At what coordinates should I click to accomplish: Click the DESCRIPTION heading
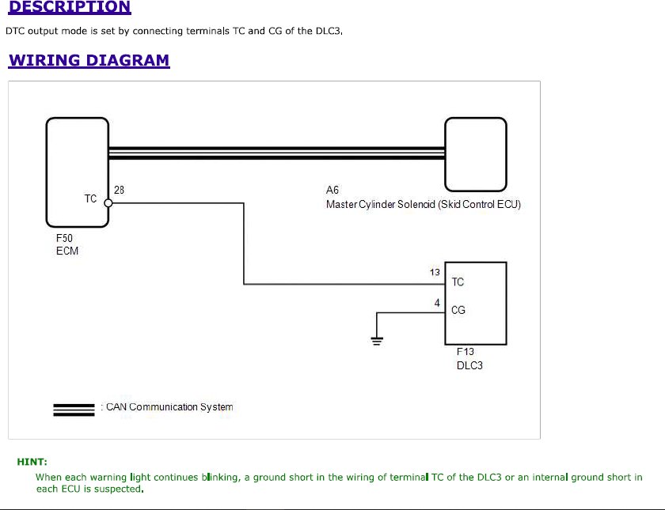pyautogui.click(x=70, y=7)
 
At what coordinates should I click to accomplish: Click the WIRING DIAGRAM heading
pyautogui.click(x=89, y=60)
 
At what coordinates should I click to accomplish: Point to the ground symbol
pyautogui.click(x=377, y=341)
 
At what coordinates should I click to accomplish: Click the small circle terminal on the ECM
pyautogui.click(x=108, y=203)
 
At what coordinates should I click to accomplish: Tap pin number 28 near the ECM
pyautogui.click(x=120, y=190)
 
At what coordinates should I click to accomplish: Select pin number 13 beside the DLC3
pyautogui.click(x=435, y=272)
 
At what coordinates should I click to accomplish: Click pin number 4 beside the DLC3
pyautogui.click(x=437, y=303)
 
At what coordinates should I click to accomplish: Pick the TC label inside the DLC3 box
pyautogui.click(x=458, y=281)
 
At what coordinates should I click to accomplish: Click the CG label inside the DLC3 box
pyautogui.click(x=458, y=310)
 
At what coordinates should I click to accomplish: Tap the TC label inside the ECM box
pyautogui.click(x=90, y=198)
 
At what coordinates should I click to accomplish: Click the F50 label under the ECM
pyautogui.click(x=64, y=238)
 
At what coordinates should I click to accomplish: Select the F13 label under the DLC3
pyautogui.click(x=465, y=352)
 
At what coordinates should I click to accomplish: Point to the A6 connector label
pyautogui.click(x=332, y=190)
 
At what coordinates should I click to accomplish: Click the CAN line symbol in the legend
pyautogui.click(x=74, y=410)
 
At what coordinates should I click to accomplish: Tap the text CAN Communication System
pyautogui.click(x=169, y=407)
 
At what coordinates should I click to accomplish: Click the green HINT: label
pyautogui.click(x=32, y=462)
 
